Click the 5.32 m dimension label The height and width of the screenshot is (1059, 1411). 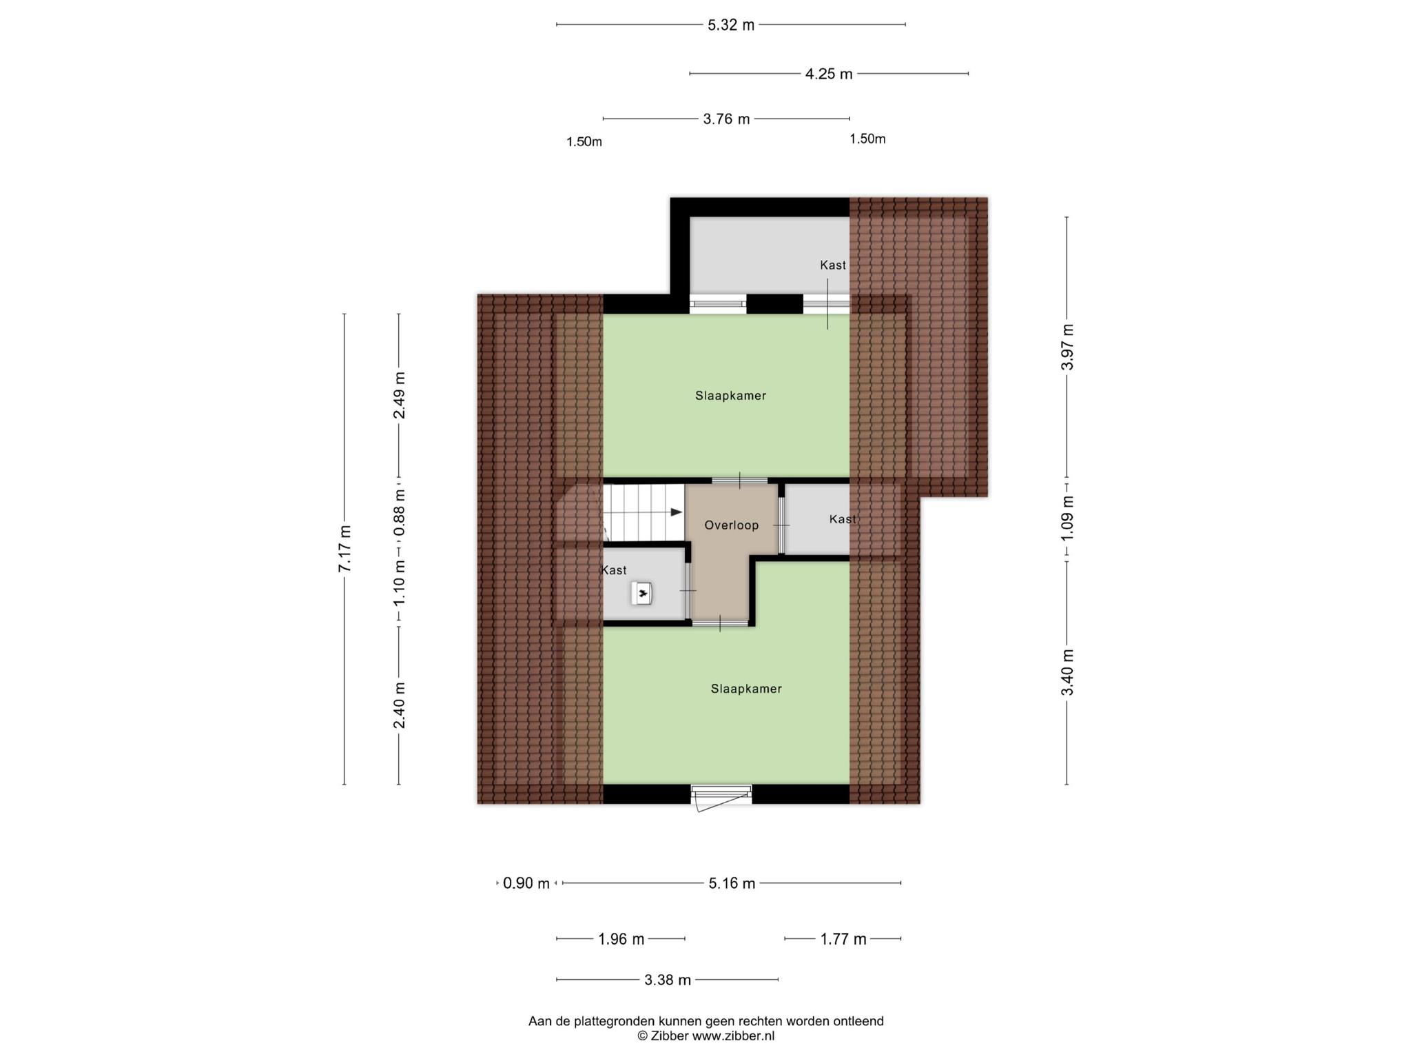[x=731, y=26]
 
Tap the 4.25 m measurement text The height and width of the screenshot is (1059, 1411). [x=829, y=74]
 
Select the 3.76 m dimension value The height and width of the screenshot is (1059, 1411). [x=726, y=119]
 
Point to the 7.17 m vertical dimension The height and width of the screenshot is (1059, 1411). [x=345, y=549]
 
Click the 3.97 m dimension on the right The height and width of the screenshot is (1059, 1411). [x=1067, y=347]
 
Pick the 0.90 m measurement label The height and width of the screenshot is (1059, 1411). [x=526, y=883]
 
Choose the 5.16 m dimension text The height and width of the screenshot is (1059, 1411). [x=732, y=883]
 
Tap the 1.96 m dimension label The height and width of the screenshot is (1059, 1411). [x=621, y=939]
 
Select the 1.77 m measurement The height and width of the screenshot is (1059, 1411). [x=843, y=939]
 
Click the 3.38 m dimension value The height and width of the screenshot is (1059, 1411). [x=668, y=980]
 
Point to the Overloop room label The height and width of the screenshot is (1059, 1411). [x=732, y=525]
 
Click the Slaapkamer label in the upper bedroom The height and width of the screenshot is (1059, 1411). [x=730, y=396]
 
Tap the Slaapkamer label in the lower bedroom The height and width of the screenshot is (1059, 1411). [x=746, y=689]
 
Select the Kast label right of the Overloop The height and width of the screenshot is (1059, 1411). [x=843, y=519]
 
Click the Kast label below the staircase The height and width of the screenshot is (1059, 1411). [x=614, y=570]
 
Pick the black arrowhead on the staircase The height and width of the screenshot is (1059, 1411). [x=677, y=512]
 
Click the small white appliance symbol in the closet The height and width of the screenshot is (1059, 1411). [x=641, y=594]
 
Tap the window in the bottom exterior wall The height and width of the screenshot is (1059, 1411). [x=721, y=794]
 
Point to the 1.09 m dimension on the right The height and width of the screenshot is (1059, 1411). [x=1067, y=518]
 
